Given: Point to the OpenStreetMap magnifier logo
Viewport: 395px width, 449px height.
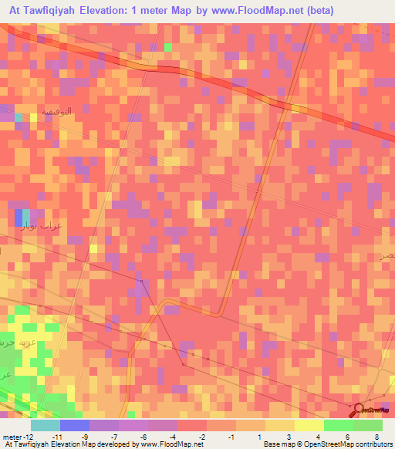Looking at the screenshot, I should click(356, 410).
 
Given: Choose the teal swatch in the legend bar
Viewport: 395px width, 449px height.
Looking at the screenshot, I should click(45, 426).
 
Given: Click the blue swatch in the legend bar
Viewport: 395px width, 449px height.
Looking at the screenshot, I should click(74, 426).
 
